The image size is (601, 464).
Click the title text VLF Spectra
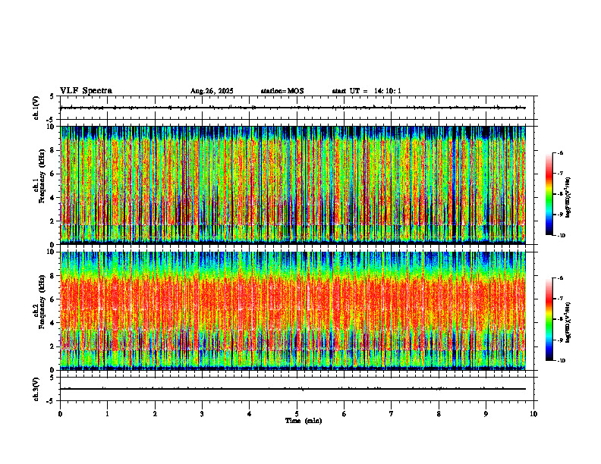[86, 91]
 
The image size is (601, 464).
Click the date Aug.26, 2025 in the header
[212, 91]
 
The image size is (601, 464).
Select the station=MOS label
[282, 91]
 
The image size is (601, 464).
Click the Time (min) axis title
[303, 421]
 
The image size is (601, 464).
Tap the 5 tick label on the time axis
[297, 414]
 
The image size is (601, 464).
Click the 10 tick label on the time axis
[533, 414]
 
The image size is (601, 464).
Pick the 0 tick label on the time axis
[60, 414]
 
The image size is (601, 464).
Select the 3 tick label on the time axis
[202, 414]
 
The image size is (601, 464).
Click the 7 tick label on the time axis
[392, 414]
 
